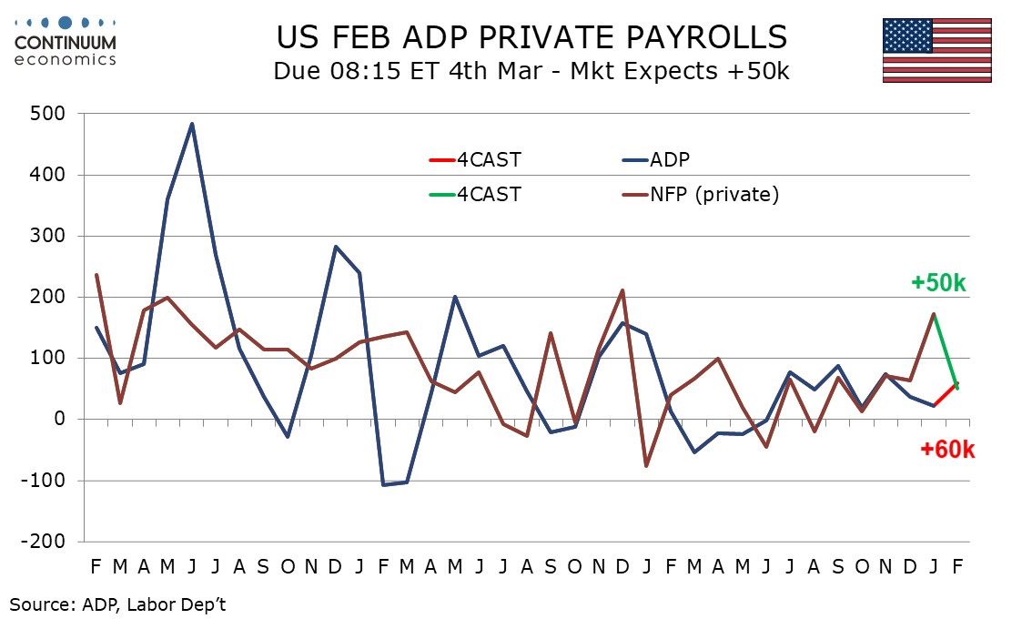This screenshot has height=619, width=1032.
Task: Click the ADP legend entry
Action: [x=669, y=160]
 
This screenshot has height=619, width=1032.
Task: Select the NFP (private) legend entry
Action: [x=714, y=194]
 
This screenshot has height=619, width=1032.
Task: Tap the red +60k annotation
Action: [x=947, y=449]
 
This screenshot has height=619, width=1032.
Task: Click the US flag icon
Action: [x=936, y=50]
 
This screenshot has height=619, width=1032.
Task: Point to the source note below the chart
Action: [x=118, y=603]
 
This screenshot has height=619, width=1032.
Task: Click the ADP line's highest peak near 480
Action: [x=192, y=124]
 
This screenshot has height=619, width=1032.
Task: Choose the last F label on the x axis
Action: [x=957, y=565]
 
